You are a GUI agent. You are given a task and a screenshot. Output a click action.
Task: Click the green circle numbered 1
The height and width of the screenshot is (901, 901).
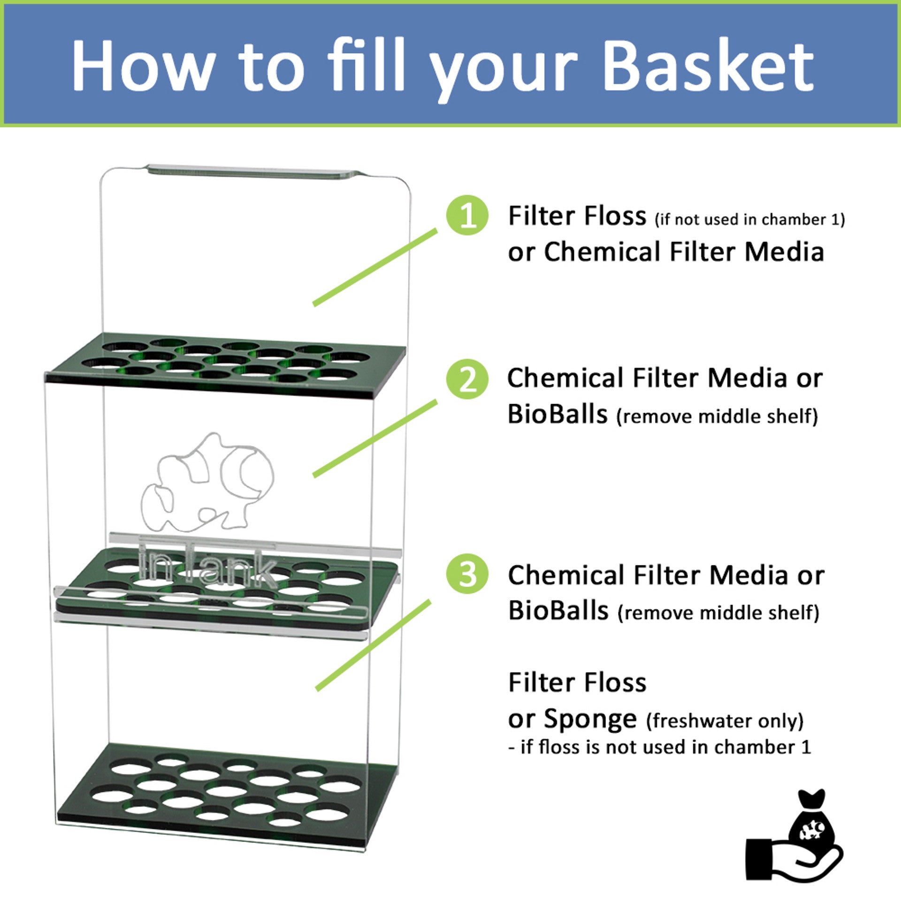pyautogui.click(x=467, y=215)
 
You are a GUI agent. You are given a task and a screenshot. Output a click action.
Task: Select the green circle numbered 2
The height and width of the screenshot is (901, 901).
pyautogui.click(x=467, y=379)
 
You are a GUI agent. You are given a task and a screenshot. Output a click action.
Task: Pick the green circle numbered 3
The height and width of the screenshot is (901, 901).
pyautogui.click(x=467, y=574)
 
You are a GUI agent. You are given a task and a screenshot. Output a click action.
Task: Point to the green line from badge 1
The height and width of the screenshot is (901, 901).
pyautogui.click(x=375, y=267)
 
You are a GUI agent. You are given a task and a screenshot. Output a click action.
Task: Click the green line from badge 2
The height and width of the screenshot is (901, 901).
pyautogui.click(x=375, y=439)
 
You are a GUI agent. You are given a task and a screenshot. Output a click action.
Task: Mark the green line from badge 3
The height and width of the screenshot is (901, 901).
pyautogui.click(x=373, y=645)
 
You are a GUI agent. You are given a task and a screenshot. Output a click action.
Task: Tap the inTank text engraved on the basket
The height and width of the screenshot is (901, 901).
pyautogui.click(x=207, y=565)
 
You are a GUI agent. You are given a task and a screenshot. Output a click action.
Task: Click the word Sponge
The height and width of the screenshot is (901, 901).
pyautogui.click(x=590, y=719)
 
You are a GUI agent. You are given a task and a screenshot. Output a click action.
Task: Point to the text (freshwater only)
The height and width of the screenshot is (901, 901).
pyautogui.click(x=725, y=721)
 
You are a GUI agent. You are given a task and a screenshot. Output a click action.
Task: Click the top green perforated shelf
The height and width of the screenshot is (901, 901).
pyautogui.click(x=225, y=364)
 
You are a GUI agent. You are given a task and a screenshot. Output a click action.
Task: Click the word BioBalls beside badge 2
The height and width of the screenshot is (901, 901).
pyautogui.click(x=557, y=414)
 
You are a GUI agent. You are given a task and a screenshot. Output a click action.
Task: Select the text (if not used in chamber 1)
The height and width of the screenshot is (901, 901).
pyautogui.click(x=749, y=220)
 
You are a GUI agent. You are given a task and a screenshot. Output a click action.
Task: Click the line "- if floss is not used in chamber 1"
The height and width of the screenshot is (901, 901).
pyautogui.click(x=660, y=747)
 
